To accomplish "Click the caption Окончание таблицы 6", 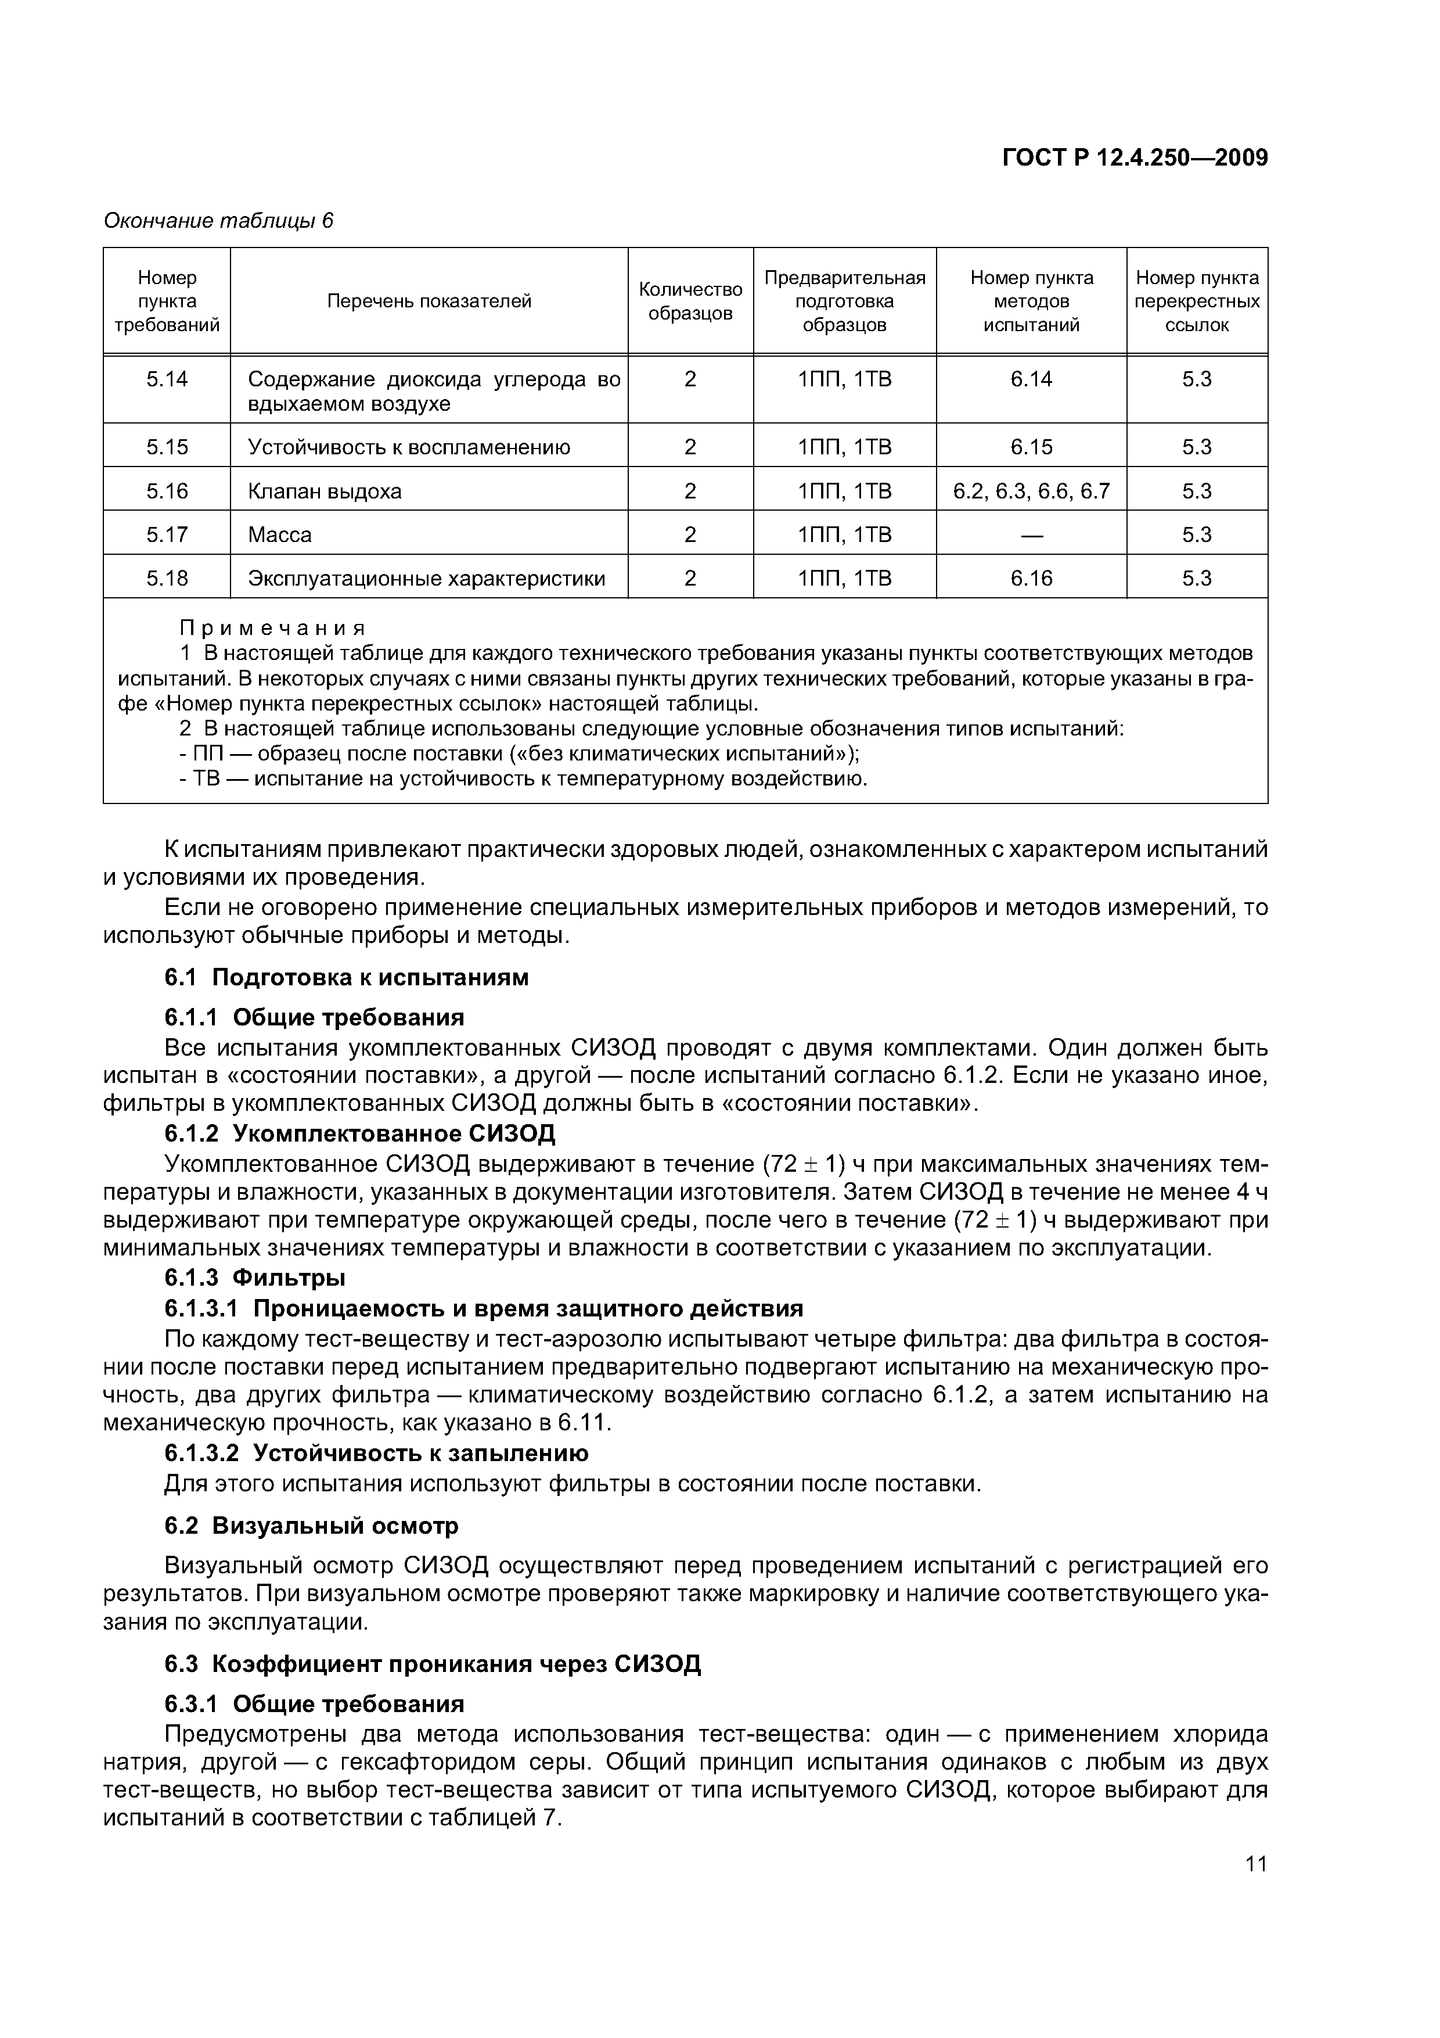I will point(218,221).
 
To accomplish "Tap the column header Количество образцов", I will point(690,302).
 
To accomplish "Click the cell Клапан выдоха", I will point(325,491).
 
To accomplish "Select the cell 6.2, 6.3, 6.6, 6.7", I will point(1031,491).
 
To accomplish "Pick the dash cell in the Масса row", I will point(1031,535).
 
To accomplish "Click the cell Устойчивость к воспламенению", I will point(408,447).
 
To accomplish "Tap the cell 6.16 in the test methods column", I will point(1031,579).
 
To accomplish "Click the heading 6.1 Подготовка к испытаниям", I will point(346,977).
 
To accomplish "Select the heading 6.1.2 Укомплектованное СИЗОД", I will point(359,1133).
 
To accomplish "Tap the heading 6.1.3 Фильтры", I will point(255,1278).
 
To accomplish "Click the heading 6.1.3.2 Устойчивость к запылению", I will point(376,1453).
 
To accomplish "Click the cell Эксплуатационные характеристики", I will point(426,579).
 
